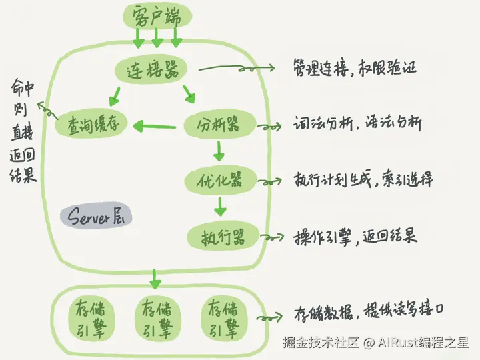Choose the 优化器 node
tap(219, 180)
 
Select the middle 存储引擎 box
tap(157, 318)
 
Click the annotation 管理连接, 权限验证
tap(353, 67)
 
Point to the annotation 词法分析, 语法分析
tap(357, 124)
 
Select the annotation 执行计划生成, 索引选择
tap(363, 180)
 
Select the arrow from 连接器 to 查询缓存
tap(115, 97)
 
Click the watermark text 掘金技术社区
tap(321, 343)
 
